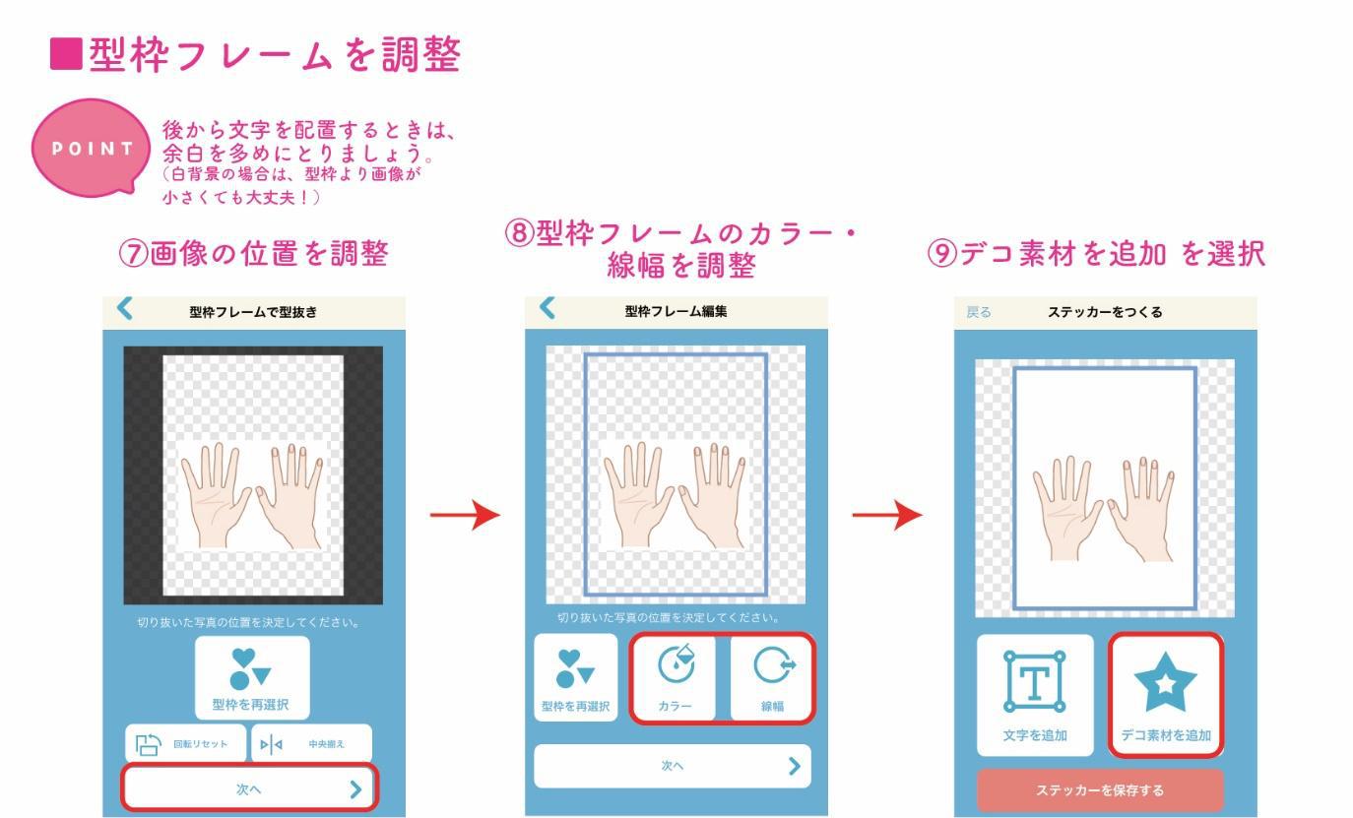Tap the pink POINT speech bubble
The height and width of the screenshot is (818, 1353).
click(x=91, y=148)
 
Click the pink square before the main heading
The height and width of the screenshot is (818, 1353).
click(x=66, y=54)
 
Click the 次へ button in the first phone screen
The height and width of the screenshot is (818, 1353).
click(x=249, y=787)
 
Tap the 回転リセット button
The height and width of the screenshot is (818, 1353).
click(x=186, y=743)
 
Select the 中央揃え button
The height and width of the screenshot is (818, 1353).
click(x=312, y=743)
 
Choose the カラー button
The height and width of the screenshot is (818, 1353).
click(x=675, y=677)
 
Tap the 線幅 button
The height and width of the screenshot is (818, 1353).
click(x=772, y=677)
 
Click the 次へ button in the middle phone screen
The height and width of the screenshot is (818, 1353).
click(x=673, y=766)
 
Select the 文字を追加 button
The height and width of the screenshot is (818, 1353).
click(x=1035, y=695)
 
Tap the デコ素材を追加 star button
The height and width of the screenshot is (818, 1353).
click(x=1166, y=695)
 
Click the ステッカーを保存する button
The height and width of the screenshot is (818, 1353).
click(x=1100, y=790)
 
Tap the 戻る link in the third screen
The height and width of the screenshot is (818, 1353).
click(x=979, y=312)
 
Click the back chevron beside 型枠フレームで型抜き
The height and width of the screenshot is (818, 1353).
click(x=124, y=308)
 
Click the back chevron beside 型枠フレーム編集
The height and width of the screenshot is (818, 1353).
click(x=547, y=308)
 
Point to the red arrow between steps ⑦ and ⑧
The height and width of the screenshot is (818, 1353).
click(x=465, y=515)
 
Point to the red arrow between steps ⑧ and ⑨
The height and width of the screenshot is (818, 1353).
click(x=887, y=515)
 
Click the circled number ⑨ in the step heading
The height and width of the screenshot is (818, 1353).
click(x=942, y=254)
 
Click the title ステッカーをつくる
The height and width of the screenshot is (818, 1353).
click(x=1105, y=312)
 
